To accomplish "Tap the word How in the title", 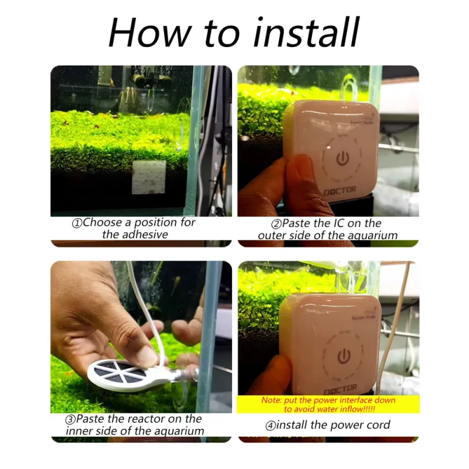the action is coord(149,32).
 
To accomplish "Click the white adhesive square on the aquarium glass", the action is coord(149,177).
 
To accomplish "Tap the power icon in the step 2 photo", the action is coord(342,158).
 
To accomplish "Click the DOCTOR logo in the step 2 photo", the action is coord(340,190).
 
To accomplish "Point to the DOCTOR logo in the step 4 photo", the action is coord(341,389).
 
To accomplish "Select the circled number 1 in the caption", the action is coord(77,223).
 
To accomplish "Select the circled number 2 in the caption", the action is coord(276,224).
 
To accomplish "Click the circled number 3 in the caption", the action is coord(70,419).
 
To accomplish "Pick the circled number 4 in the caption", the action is coord(270,426).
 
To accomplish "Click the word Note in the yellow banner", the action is coord(271,400).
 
